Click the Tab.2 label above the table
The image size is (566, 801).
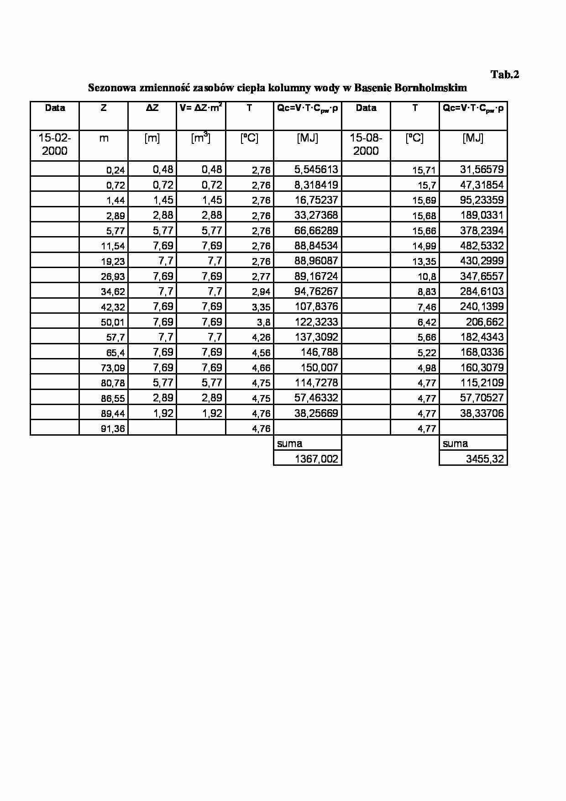[x=505, y=74]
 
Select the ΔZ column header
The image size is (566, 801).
[x=152, y=108]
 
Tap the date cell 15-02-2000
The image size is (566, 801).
[x=55, y=144]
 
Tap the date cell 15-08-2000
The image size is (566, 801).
[x=366, y=144]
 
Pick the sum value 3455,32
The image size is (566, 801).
[x=485, y=459]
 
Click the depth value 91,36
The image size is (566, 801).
[x=113, y=429]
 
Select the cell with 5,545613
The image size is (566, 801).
[x=316, y=170]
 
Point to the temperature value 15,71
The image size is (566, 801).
[x=424, y=170]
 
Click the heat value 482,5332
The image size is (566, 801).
[x=482, y=246]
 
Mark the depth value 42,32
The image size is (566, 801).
[x=113, y=307]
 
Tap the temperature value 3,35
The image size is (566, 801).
[x=261, y=307]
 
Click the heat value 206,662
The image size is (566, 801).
[x=485, y=322]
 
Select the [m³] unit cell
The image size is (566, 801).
[x=201, y=138]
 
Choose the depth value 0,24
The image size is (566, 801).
[x=115, y=170]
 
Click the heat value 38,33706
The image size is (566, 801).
[x=482, y=413]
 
